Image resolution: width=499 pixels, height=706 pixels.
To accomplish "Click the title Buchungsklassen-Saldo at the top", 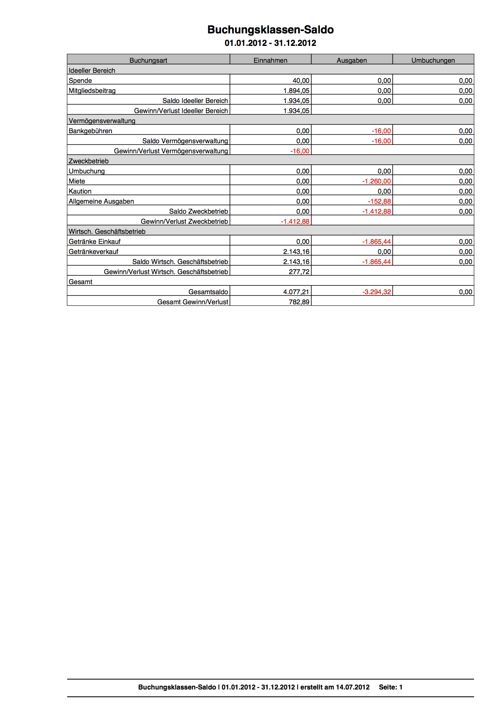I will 270,30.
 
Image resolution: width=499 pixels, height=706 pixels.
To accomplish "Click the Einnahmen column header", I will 270,60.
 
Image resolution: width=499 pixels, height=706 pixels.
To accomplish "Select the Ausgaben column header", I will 352,60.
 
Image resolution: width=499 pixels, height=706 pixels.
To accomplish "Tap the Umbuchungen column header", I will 433,60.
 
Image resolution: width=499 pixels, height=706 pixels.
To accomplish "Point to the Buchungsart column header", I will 148,60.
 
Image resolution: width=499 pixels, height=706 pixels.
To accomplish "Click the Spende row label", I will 80,81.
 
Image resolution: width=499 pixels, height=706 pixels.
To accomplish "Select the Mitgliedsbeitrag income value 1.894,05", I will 296,91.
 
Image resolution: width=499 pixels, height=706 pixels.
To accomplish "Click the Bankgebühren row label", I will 90,131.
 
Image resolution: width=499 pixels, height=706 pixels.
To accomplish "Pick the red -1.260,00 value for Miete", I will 377,181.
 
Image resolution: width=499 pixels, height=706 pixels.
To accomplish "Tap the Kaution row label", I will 80,191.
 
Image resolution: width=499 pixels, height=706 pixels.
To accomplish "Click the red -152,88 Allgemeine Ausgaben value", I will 379,201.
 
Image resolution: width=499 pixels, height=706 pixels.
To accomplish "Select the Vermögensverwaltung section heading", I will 102,121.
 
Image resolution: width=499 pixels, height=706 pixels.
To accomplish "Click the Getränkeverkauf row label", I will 93,252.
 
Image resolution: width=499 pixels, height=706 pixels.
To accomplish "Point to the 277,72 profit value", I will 299,272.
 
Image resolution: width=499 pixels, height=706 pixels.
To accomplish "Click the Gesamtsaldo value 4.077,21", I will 296,292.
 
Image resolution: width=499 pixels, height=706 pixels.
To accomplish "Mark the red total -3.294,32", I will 377,292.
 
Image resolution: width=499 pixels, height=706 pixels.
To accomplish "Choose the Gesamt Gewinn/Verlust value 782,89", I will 299,302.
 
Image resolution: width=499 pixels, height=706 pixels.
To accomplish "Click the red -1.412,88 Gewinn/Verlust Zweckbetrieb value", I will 295,221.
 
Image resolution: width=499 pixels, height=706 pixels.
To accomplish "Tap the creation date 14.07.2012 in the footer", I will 352,687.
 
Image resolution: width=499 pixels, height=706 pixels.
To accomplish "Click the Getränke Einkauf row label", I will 95,242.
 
